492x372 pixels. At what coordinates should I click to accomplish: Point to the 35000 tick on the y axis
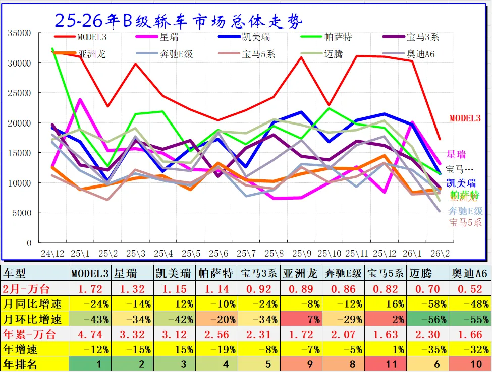pos(20,33)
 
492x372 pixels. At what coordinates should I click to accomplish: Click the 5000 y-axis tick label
pos(22,213)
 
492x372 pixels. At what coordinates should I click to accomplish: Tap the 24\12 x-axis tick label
pos(52,252)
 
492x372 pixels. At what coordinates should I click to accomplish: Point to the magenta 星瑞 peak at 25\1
pos(80,99)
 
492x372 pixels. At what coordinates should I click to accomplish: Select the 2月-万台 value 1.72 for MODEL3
pos(91,289)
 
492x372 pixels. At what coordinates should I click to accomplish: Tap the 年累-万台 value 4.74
pos(91,334)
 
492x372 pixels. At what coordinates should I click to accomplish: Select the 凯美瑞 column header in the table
pos(173,274)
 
